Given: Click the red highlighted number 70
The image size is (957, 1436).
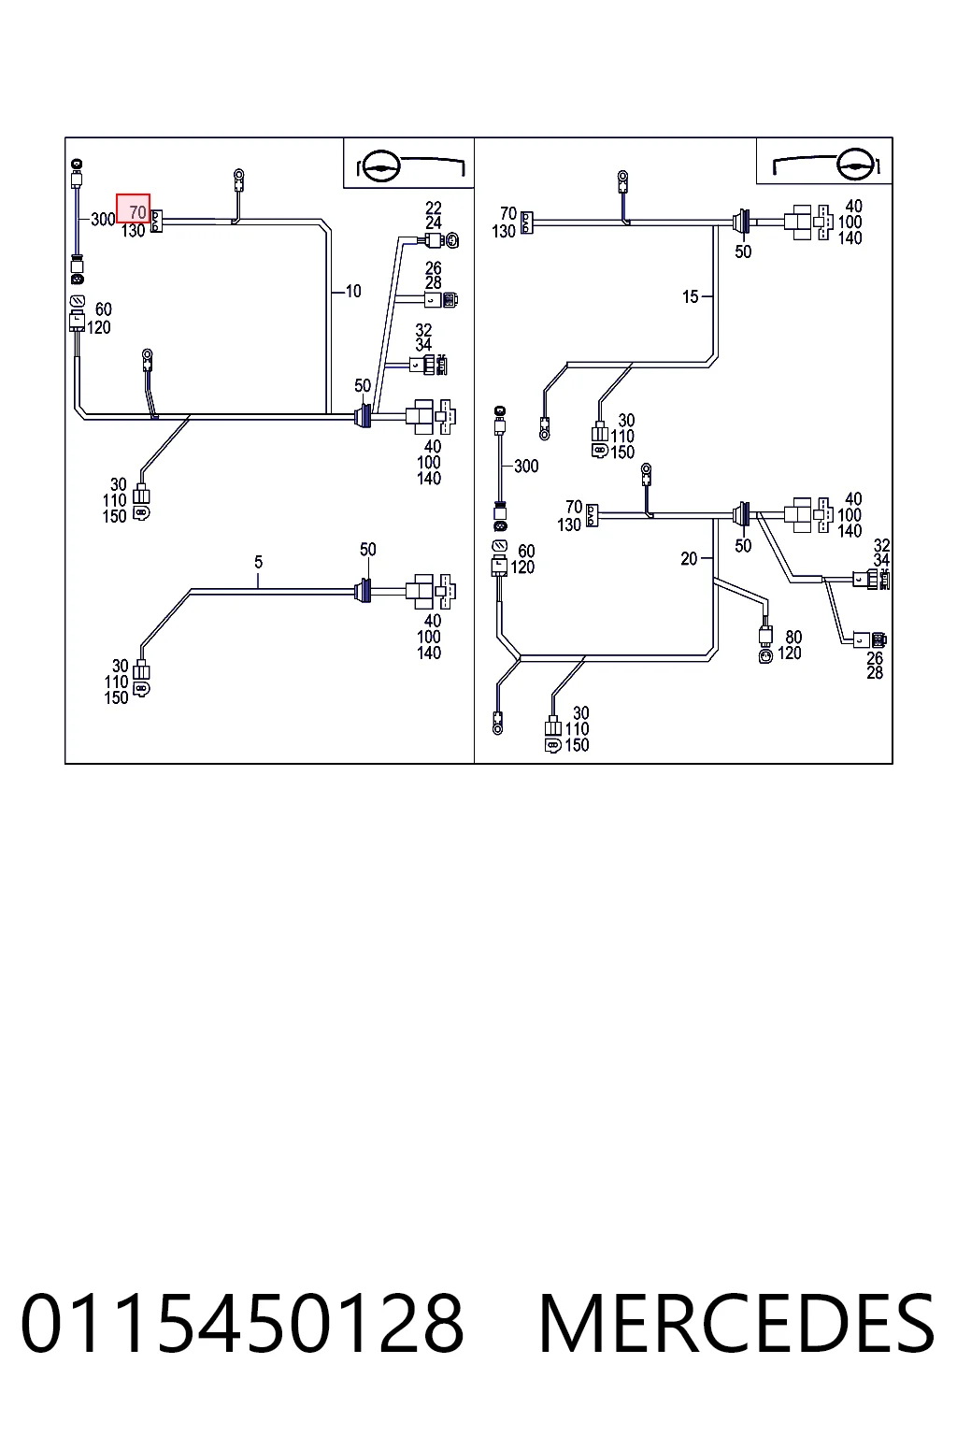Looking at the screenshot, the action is click(x=137, y=211).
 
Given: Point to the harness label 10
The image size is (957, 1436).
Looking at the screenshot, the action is click(x=353, y=292).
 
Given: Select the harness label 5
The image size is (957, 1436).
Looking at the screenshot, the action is click(x=258, y=562).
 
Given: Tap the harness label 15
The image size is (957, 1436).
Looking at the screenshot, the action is click(x=691, y=296).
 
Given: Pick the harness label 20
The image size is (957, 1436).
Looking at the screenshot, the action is click(x=689, y=559).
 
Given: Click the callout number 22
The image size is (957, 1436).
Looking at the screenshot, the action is click(x=434, y=208).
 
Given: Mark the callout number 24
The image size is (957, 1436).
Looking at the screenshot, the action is click(x=434, y=223).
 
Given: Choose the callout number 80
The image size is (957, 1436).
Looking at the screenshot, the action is click(x=793, y=638).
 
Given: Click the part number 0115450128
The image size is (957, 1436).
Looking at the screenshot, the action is click(x=242, y=1323).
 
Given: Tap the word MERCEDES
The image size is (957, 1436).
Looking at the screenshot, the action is click(x=737, y=1323).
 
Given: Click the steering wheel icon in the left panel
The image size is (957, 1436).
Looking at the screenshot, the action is click(x=379, y=166).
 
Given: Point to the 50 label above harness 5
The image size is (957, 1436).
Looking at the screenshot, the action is click(x=368, y=550).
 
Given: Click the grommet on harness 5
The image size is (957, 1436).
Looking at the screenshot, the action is click(x=364, y=591).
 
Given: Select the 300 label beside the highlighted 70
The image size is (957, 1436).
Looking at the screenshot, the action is click(x=103, y=220).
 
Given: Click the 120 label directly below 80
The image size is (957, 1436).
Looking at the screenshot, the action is click(x=790, y=653).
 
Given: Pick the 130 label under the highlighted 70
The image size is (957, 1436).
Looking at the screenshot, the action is click(x=133, y=231).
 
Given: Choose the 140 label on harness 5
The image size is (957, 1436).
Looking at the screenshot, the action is click(x=429, y=653).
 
